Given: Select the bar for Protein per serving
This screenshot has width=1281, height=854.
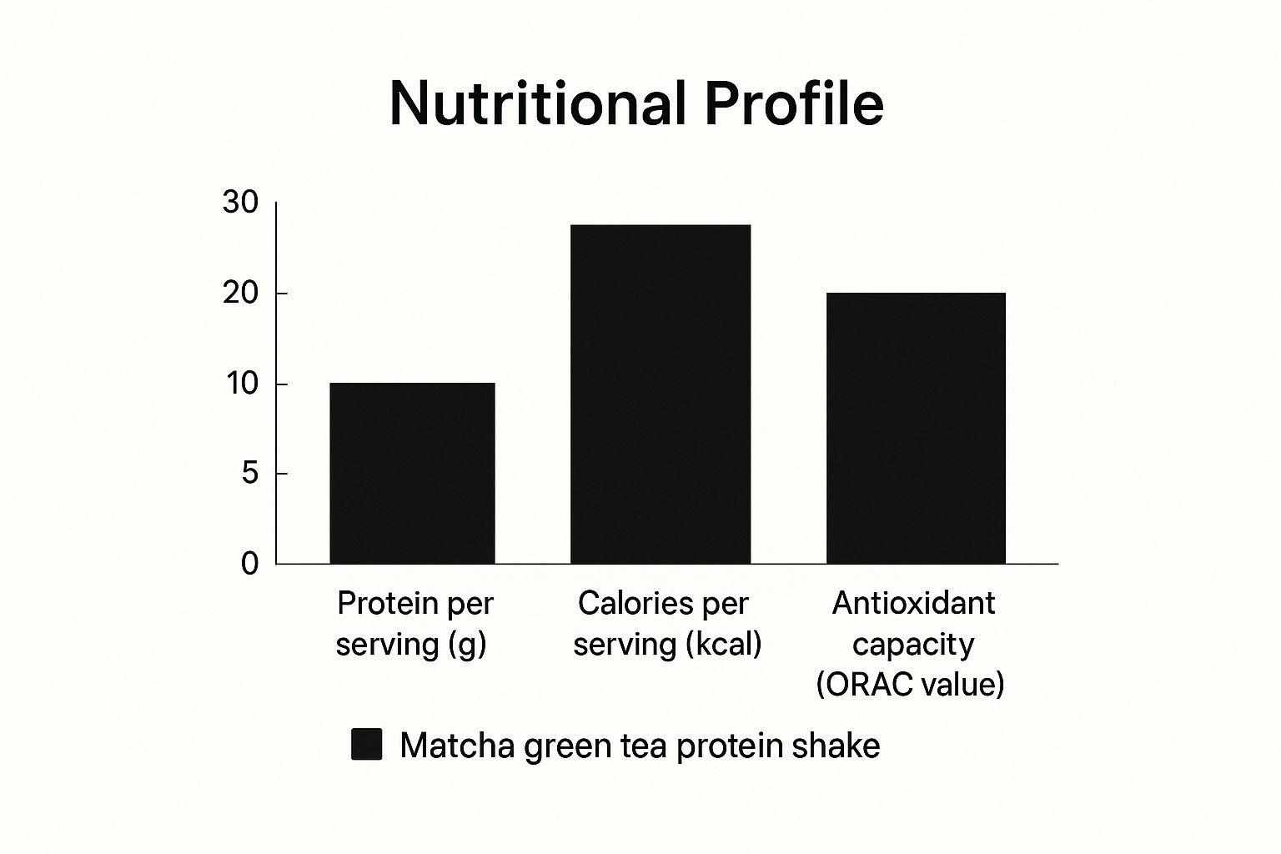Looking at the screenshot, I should point(412,473).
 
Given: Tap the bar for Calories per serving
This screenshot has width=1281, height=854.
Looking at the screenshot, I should point(661,394).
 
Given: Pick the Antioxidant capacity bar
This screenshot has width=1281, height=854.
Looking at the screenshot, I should point(916,428).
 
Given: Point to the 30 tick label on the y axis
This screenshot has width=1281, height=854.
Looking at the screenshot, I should point(241,203).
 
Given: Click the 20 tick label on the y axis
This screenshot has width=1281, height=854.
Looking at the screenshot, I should point(242,294).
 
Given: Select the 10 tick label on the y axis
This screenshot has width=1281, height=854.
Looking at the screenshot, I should point(242,384).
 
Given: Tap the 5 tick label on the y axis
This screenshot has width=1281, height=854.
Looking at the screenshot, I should point(250,474).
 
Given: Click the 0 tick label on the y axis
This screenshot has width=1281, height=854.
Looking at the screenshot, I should point(250,564).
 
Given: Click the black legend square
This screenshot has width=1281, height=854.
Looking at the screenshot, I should point(366,744).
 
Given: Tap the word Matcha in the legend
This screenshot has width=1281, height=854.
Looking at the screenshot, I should point(457,745).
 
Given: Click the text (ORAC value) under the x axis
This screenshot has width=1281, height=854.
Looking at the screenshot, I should point(910,684).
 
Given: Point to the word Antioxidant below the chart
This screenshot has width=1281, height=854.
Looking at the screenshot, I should point(913,602).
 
